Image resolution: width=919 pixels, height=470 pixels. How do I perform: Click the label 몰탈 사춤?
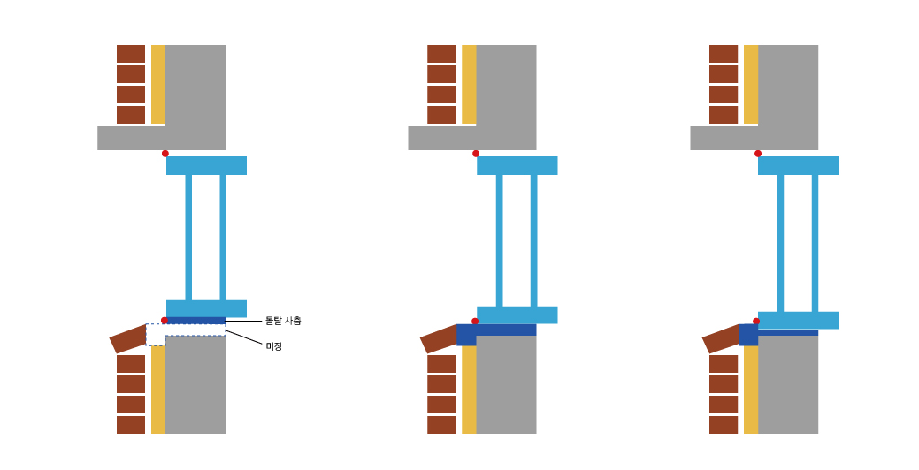tap(283, 321)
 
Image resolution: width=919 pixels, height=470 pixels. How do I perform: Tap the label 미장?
tap(274, 346)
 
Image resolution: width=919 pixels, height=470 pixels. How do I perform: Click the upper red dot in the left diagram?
tap(165, 154)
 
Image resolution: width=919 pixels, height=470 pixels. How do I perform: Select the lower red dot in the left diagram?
tap(165, 321)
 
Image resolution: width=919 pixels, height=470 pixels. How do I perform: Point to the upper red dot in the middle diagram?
tap(476, 154)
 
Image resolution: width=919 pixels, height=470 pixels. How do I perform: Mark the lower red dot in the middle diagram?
tap(475, 322)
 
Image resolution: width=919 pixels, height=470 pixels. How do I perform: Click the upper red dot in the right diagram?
tap(758, 154)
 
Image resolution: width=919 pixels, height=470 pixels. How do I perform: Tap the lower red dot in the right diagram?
tap(756, 322)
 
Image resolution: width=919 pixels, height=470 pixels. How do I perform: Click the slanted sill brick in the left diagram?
tap(128, 339)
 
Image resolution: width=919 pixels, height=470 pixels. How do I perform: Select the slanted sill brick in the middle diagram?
tap(439, 339)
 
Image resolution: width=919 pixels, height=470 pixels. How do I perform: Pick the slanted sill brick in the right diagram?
tap(721, 339)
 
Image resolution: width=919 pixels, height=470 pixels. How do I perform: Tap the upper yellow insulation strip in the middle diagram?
tap(469, 84)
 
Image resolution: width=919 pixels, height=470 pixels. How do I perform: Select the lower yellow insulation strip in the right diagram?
tap(751, 389)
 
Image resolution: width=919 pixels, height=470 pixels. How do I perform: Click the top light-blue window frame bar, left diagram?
tap(206, 165)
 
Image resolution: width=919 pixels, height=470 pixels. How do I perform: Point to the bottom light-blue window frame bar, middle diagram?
tap(517, 315)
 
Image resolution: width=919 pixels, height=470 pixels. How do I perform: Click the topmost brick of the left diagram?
tap(131, 54)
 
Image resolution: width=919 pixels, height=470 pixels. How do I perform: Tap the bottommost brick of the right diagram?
tap(724, 425)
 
